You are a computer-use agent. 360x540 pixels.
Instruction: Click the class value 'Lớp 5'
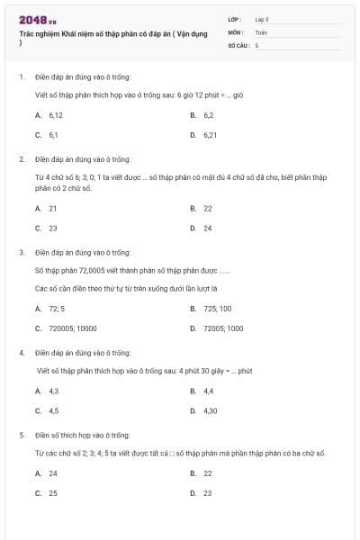click(262, 18)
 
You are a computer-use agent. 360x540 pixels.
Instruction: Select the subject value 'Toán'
click(261, 31)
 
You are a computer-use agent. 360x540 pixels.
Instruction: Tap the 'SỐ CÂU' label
click(237, 44)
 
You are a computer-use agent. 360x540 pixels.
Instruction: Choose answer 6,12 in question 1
click(55, 115)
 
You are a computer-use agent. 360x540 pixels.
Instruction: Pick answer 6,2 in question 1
click(208, 115)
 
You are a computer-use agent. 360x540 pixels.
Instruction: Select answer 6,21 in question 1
click(210, 135)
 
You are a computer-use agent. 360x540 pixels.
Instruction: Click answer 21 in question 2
click(53, 208)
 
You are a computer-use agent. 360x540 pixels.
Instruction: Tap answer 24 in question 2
click(208, 228)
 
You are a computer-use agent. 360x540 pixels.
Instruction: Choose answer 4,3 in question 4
click(54, 391)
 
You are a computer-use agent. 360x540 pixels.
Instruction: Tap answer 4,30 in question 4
click(210, 411)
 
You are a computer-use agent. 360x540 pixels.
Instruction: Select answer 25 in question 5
click(53, 493)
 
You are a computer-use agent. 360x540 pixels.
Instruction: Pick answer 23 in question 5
click(208, 493)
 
